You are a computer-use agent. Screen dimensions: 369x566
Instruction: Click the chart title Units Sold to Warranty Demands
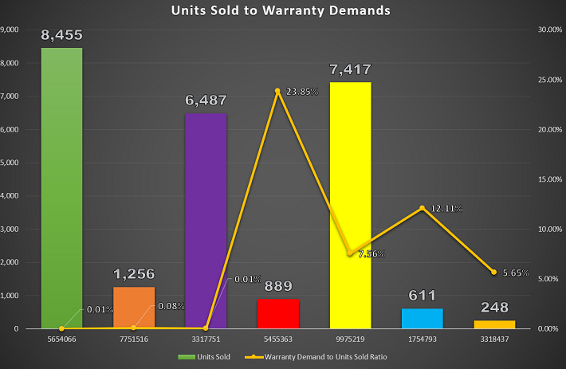pos(282,11)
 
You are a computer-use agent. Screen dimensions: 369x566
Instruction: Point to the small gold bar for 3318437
pos(494,324)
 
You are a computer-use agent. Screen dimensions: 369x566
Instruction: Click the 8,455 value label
pos(61,36)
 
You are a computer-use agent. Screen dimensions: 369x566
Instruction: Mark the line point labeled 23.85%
pos(277,91)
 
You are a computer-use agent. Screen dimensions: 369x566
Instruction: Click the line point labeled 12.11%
pos(423,208)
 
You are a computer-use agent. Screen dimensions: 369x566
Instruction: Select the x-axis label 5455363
pos(278,338)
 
